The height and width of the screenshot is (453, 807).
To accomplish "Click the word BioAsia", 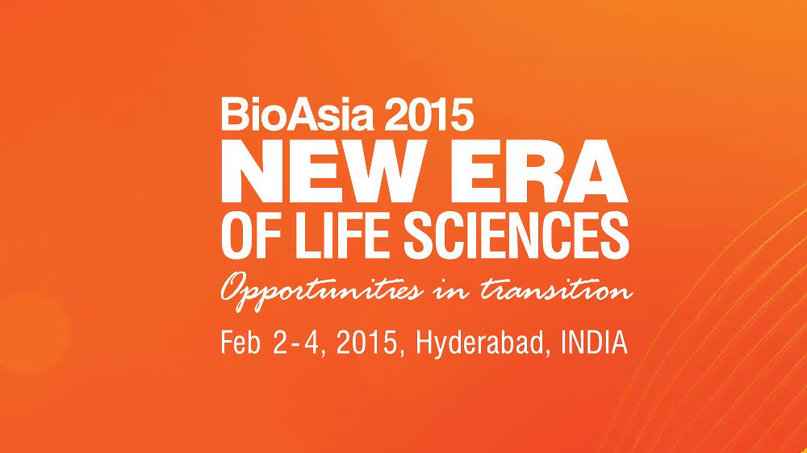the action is [x=297, y=114].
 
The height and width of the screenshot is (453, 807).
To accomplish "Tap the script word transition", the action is [x=556, y=290].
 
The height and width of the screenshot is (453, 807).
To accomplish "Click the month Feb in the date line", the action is [x=240, y=342].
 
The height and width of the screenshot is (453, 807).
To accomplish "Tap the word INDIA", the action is [x=595, y=343].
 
